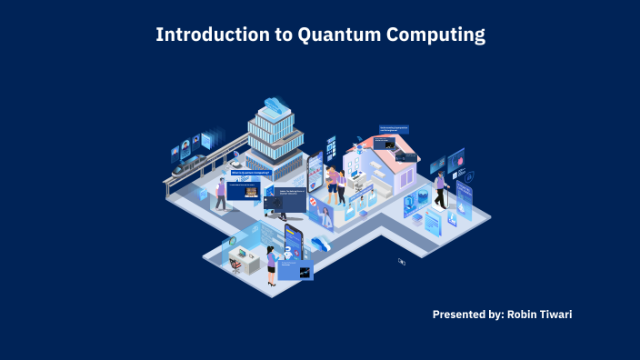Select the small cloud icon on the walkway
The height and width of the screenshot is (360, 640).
click(x=320, y=243)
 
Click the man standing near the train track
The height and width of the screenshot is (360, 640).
click(x=219, y=194)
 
